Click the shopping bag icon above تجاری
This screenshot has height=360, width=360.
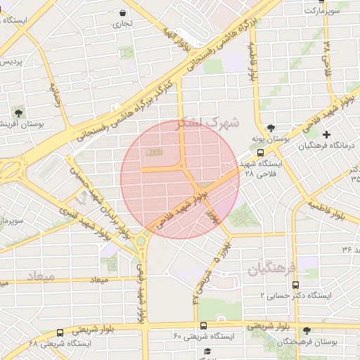coord(124,13)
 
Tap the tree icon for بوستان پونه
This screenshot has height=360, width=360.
coord(271,127)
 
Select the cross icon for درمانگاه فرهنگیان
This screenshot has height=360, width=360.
coord(326,134)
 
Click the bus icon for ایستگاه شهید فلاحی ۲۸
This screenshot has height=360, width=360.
coord(261,152)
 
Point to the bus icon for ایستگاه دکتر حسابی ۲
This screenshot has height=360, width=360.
coord(295,285)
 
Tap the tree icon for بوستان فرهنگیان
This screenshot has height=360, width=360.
coord(306,330)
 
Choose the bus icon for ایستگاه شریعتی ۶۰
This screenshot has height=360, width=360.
coord(203,326)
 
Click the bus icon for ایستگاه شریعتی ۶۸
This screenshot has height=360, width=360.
coord(60,333)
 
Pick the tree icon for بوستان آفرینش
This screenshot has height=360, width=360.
coord(18,112)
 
